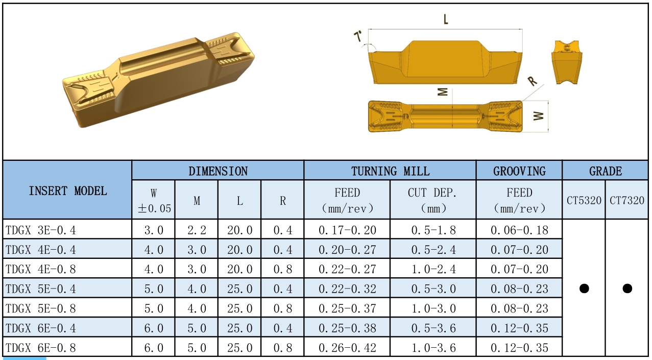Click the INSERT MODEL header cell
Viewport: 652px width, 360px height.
(67, 191)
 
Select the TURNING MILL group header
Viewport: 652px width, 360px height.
(390, 171)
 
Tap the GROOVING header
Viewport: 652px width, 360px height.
(519, 171)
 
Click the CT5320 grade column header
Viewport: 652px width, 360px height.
(584, 200)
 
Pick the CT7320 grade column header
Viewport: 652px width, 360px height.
(627, 200)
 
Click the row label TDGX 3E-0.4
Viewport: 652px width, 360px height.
(41, 230)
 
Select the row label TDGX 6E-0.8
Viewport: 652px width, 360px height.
(41, 347)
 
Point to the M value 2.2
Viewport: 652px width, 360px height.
(197, 230)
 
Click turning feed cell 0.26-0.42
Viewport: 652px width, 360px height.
(347, 347)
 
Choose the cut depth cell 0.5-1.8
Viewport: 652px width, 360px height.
(433, 230)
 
